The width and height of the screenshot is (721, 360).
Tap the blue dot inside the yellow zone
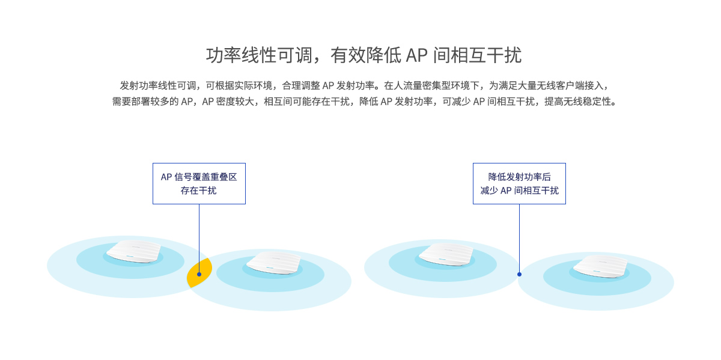tap(199, 274)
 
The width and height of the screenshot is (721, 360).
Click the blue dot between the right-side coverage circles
tap(519, 274)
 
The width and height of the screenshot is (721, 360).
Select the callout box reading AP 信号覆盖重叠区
tap(199, 183)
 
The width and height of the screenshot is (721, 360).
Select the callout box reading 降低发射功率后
tap(519, 183)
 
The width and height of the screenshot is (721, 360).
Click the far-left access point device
tap(133, 251)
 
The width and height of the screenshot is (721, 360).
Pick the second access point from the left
tap(273, 263)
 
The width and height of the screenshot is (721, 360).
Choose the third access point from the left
tap(446, 254)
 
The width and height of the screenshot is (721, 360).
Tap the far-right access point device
tap(600, 266)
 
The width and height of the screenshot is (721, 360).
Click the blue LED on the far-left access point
tap(130, 257)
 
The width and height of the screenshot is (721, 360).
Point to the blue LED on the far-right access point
tap(597, 271)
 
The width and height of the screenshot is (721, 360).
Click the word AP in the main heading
tap(416, 55)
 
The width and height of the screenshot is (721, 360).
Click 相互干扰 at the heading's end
tap(486, 55)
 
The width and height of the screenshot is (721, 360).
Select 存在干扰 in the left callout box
tap(199, 191)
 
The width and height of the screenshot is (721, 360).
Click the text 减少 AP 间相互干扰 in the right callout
tap(519, 191)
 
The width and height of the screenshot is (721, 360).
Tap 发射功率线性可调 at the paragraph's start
tap(157, 86)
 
